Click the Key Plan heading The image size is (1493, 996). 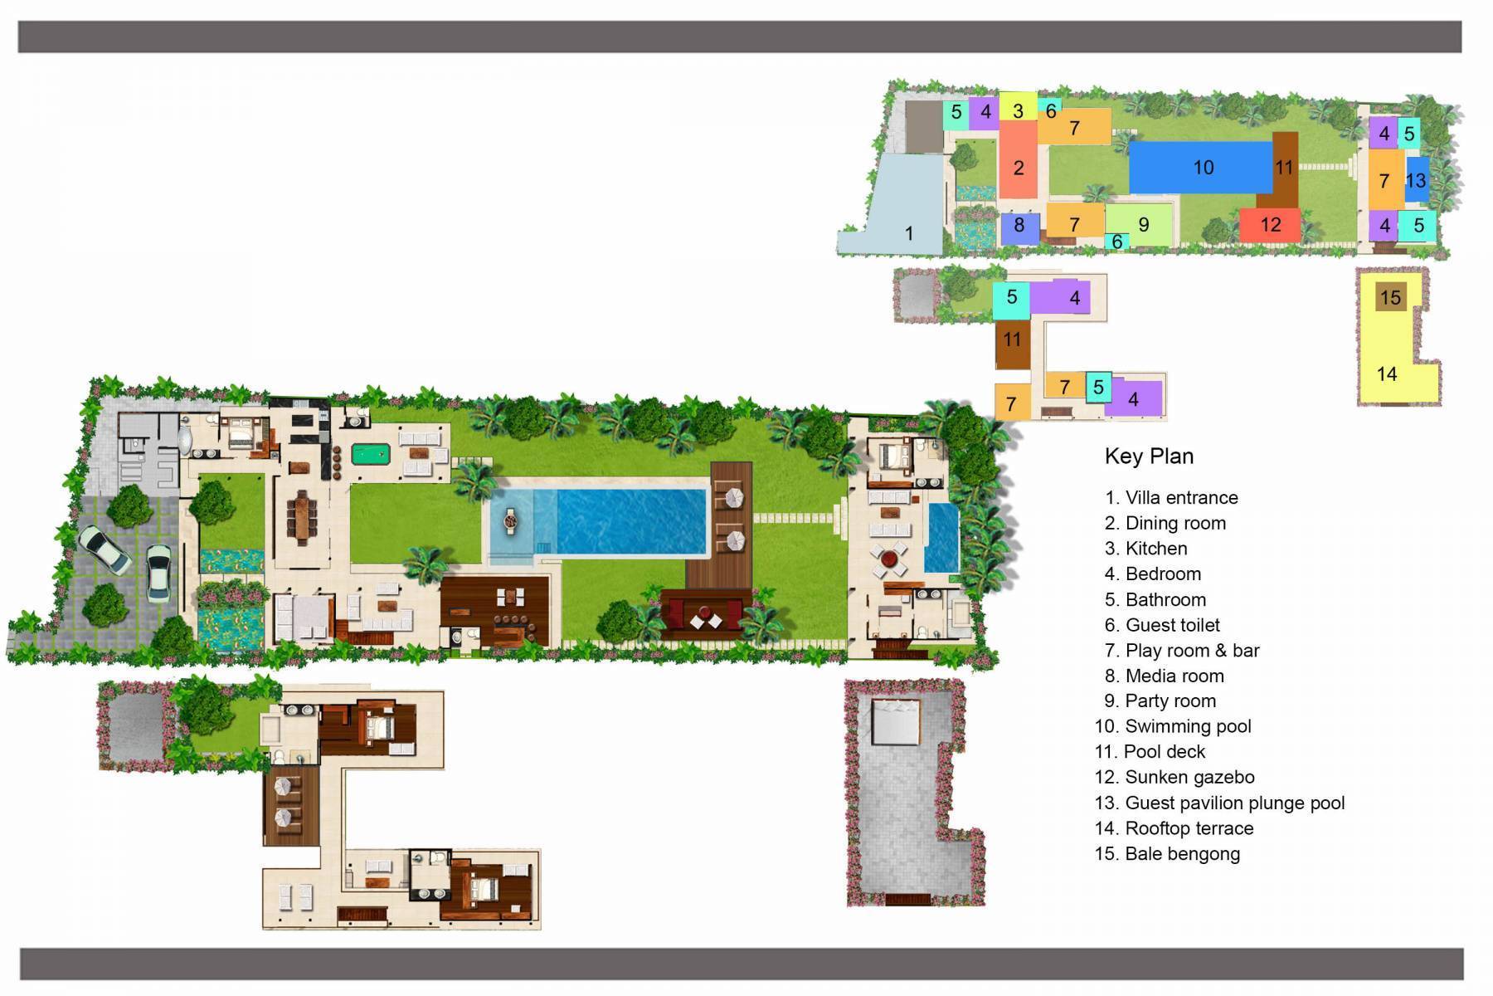tap(1149, 456)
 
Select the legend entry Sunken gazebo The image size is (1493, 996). tap(1189, 778)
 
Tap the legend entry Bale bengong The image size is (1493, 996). tap(1181, 854)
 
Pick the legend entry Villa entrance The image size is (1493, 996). tap(1180, 498)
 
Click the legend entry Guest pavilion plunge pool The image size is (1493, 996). tap(1234, 803)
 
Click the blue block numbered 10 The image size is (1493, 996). tap(1203, 168)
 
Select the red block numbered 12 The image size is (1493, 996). tap(1270, 225)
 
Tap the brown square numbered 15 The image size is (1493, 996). tap(1391, 298)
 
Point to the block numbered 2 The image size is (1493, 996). tap(1018, 168)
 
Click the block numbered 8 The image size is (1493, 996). tap(1019, 226)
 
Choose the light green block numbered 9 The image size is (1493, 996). tap(1144, 224)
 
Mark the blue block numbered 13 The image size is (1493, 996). tap(1417, 180)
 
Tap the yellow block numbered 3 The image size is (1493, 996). tap(1018, 110)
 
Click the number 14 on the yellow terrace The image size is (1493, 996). tap(1387, 374)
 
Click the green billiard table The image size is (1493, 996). tap(369, 454)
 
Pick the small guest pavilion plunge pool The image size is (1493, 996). tap(941, 538)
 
